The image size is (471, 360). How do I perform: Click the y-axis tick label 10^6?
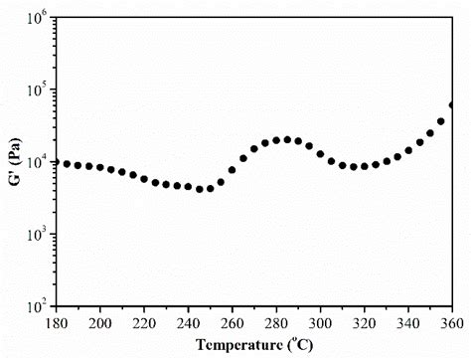tap(38, 18)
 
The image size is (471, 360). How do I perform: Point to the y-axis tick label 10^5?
tap(38, 90)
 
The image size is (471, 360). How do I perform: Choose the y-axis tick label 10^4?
tap(38, 162)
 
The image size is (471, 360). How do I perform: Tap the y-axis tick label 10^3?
tap(38, 235)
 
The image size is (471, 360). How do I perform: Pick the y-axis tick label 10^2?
tap(38, 306)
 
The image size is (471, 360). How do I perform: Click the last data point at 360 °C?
tap(452, 104)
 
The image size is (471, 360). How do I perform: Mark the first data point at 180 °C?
tap(57, 162)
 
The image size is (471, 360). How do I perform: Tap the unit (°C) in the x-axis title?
tap(300, 345)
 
